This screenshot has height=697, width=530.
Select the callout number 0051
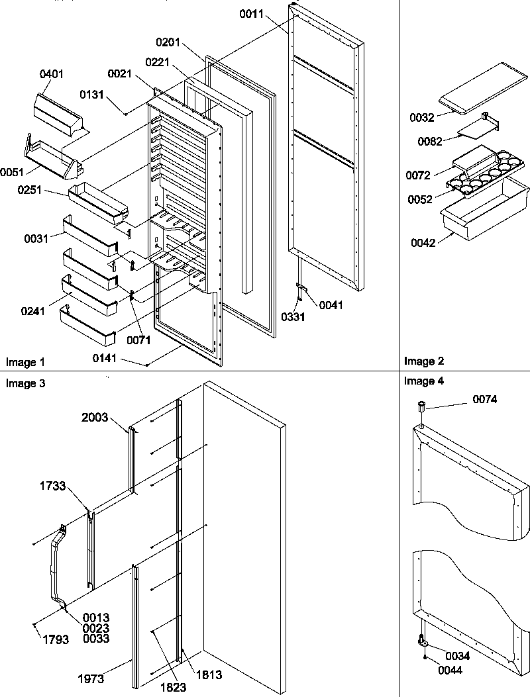point(11,173)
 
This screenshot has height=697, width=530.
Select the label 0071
point(140,340)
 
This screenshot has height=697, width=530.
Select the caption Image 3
point(25,383)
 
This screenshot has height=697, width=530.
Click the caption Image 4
point(423,381)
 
